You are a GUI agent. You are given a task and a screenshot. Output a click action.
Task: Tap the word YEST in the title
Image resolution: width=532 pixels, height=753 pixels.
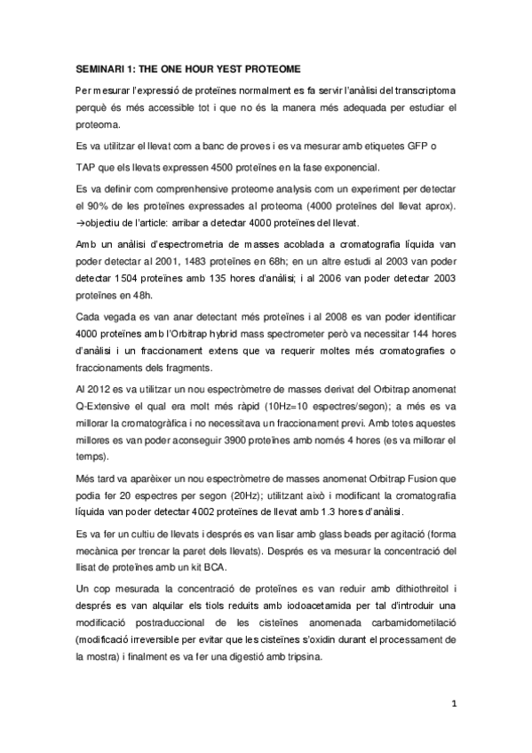tap(223, 68)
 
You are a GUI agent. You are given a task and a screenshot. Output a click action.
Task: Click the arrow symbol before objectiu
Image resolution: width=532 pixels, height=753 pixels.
tap(79, 223)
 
